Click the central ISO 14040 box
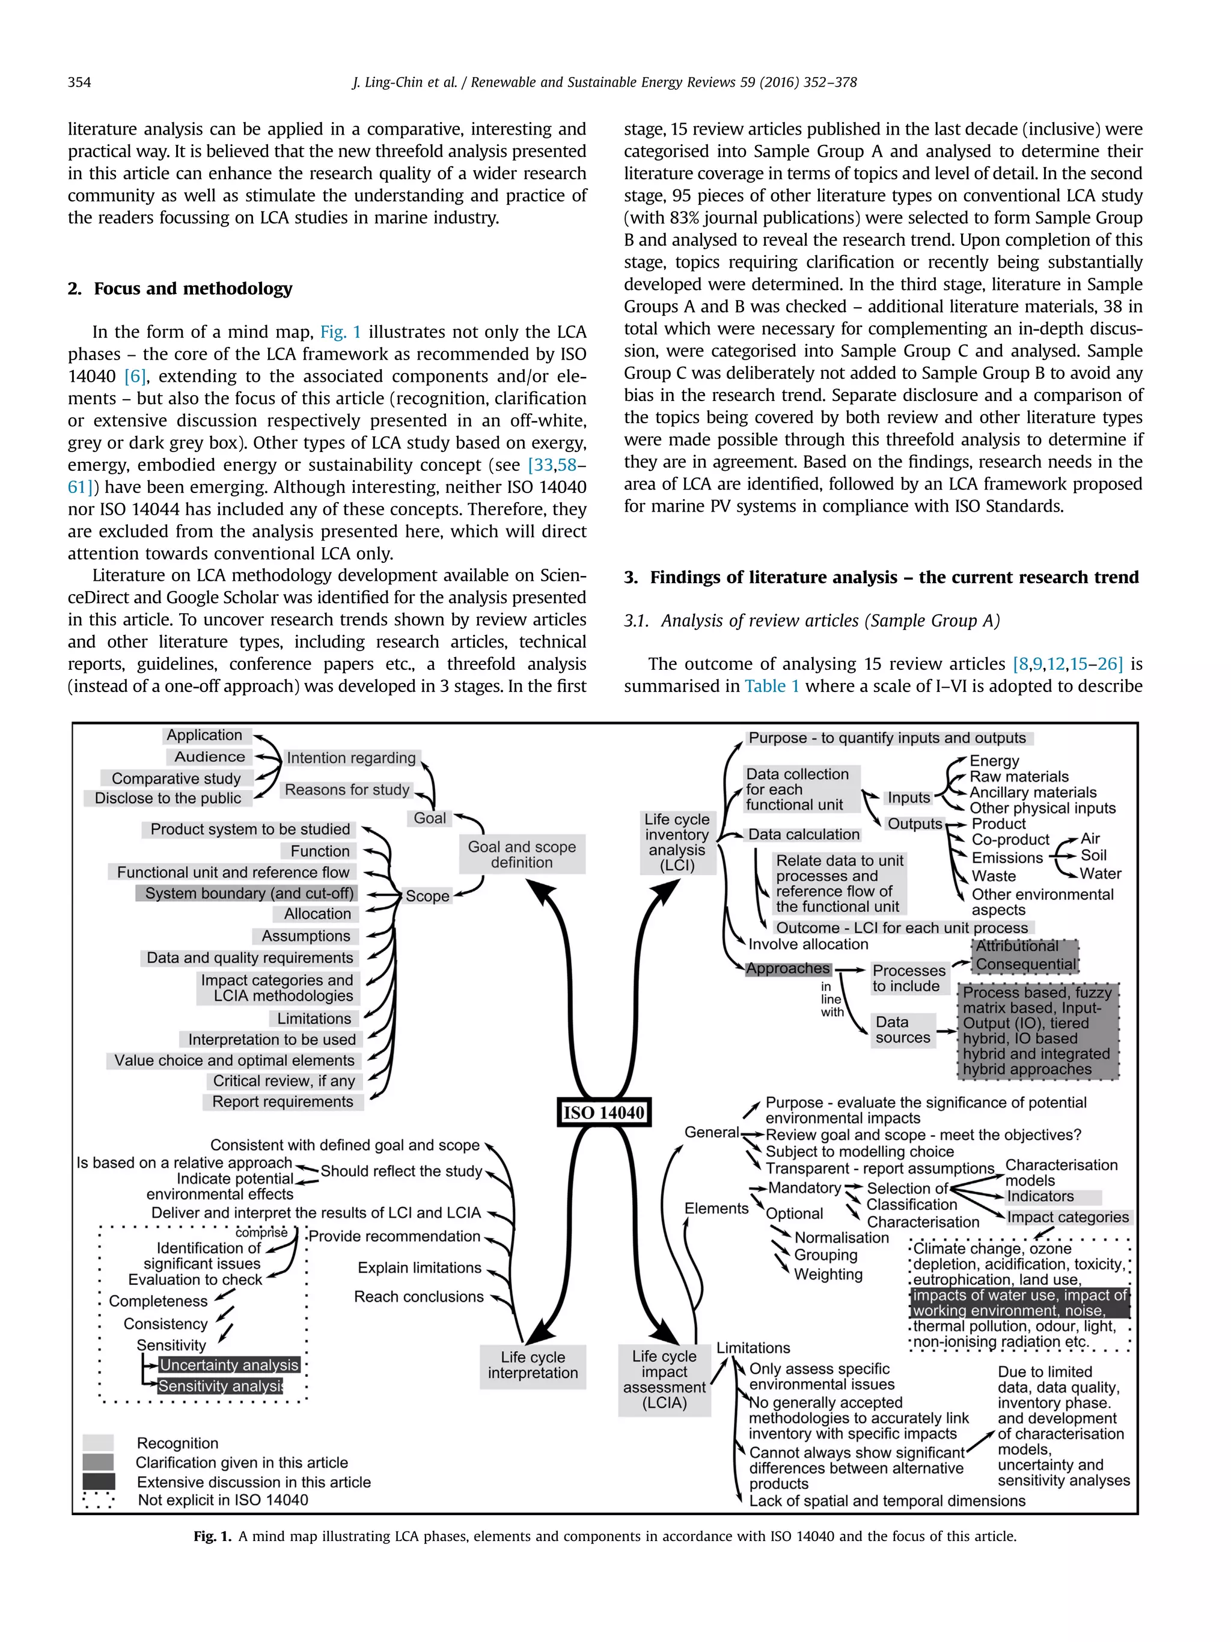[x=603, y=1112]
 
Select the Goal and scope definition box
[x=522, y=854]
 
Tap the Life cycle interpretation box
[x=532, y=1365]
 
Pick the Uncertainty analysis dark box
[x=228, y=1364]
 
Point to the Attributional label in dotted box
[x=1016, y=946]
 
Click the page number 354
[x=79, y=82]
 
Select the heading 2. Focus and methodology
[x=180, y=289]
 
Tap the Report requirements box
[x=283, y=1101]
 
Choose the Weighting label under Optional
[x=828, y=1275]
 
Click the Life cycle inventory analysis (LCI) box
[x=677, y=842]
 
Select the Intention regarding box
[x=351, y=758]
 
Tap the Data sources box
[x=902, y=1029]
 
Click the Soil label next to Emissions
[x=1093, y=855]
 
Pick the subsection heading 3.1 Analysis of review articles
[x=812, y=620]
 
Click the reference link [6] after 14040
[x=135, y=376]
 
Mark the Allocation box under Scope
[x=317, y=914]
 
